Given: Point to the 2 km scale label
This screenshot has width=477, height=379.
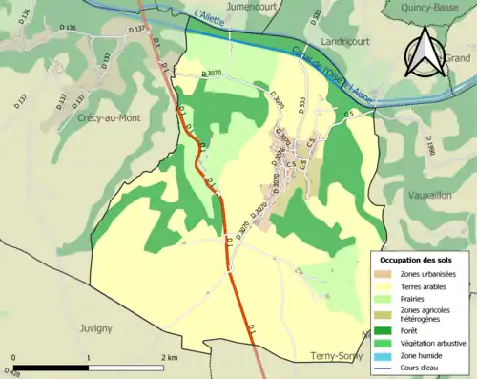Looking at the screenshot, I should [170, 357].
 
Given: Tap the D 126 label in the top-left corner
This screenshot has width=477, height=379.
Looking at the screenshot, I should [24, 11].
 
